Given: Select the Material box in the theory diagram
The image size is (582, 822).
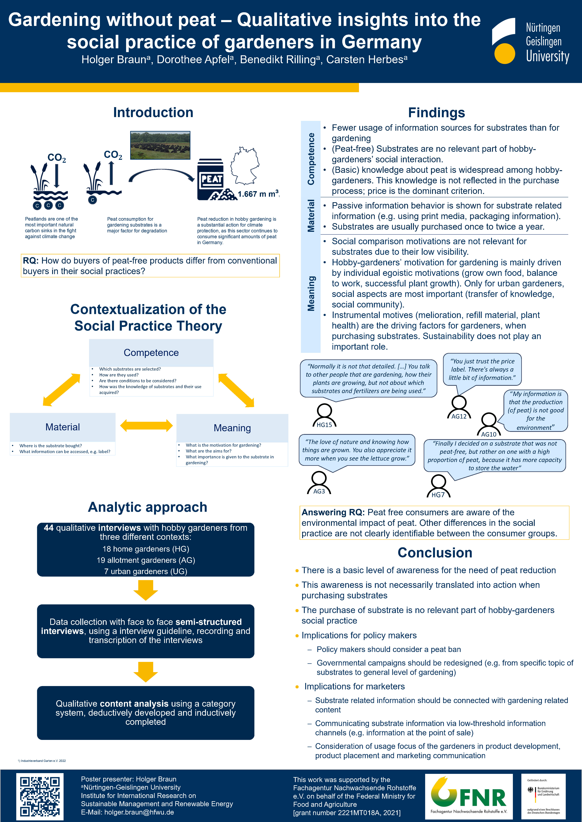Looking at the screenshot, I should (63, 427).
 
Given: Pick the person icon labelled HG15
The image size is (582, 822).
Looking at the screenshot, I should (324, 415).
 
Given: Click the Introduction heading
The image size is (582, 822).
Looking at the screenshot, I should (153, 112).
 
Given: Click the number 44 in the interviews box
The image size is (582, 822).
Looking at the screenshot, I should (49, 528).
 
